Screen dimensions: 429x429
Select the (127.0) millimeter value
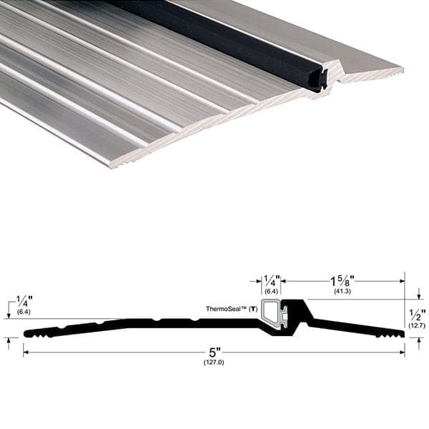click(x=214, y=363)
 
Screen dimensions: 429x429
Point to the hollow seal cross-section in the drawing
click(x=271, y=312)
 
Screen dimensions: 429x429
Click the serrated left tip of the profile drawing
click(x=32, y=332)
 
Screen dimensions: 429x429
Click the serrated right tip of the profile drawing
click(x=395, y=332)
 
